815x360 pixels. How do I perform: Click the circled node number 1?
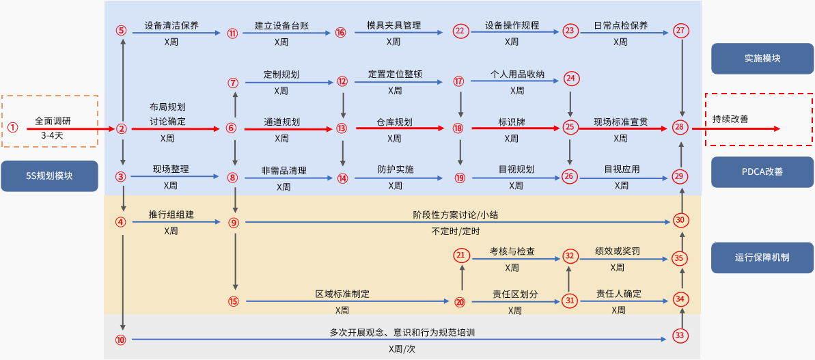point(12,128)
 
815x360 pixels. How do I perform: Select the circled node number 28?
point(679,127)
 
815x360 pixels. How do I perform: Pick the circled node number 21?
point(462,255)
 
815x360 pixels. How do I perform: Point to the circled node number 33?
point(679,335)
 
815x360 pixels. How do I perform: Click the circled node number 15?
point(234,301)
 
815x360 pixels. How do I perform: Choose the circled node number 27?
point(680,31)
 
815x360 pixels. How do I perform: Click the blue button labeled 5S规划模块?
point(50,176)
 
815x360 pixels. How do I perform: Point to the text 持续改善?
point(730,119)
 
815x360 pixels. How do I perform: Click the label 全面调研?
point(53,121)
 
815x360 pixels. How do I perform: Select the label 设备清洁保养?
point(171,26)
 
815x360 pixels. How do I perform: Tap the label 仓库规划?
point(394,122)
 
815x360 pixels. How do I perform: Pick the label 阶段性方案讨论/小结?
point(456,214)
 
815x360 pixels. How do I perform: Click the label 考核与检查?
point(512,251)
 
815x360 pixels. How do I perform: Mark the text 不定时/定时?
point(456,231)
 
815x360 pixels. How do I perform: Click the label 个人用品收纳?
point(517,74)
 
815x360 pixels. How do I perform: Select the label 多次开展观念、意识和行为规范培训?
point(402,333)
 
